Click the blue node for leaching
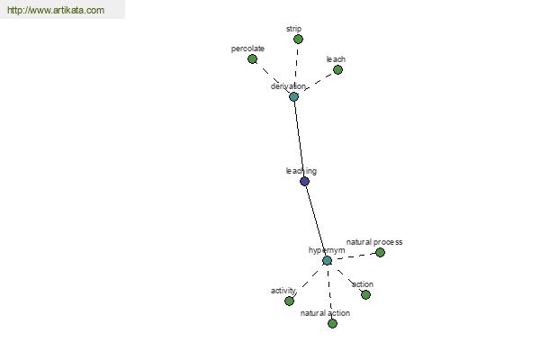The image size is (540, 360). click(304, 181)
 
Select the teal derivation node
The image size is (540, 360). click(293, 97)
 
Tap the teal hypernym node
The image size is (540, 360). click(328, 260)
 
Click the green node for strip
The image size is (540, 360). click(298, 40)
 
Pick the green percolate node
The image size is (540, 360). click(252, 58)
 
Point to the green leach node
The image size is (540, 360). click(337, 70)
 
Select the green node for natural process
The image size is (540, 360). click(380, 253)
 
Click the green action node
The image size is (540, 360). click(365, 294)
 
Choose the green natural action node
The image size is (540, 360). click(332, 323)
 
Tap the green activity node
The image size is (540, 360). click(289, 301)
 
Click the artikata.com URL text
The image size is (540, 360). click(56, 10)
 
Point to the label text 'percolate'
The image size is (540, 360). click(247, 49)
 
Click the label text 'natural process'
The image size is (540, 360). click(374, 242)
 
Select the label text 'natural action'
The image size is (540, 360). click(325, 313)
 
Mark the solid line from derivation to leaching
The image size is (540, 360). click(299, 139)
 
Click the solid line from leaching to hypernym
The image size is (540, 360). click(315, 220)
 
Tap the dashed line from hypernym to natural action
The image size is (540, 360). click(330, 292)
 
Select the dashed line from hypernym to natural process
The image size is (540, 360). click(354, 256)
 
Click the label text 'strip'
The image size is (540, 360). click(293, 29)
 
